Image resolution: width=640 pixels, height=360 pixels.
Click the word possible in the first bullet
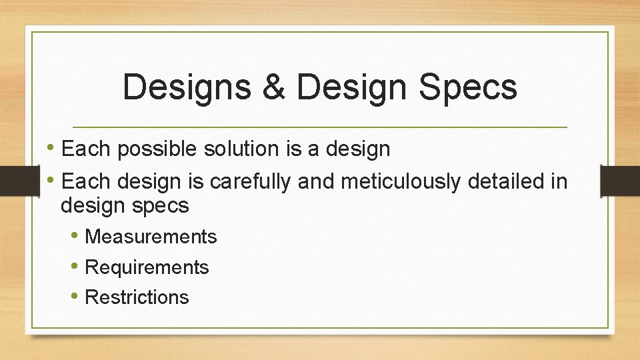tap(156, 149)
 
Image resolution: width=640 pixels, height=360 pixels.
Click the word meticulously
tap(378, 181)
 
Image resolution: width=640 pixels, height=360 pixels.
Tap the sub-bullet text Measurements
tap(151, 237)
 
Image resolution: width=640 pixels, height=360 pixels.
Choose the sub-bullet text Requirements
tap(147, 267)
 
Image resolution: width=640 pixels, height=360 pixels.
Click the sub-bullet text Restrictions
tap(137, 297)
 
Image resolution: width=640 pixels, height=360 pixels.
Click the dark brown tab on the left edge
tap(12, 181)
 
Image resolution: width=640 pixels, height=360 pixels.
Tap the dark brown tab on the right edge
tap(620, 181)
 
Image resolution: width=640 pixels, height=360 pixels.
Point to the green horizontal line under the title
tap(320, 127)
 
